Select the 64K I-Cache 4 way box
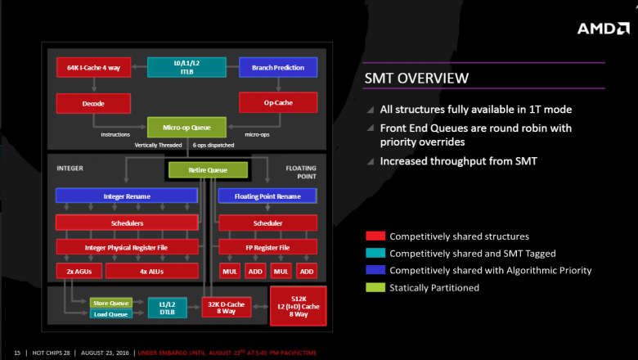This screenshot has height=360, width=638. point(88,67)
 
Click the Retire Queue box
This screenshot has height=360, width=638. point(208,170)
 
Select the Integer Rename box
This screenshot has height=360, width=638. point(126,196)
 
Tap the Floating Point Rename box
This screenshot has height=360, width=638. point(267,196)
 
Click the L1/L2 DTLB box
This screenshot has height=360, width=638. point(168,307)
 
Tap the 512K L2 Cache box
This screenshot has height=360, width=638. point(298,304)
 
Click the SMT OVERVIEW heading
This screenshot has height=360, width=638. point(416,79)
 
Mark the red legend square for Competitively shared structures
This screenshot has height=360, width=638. point(375,236)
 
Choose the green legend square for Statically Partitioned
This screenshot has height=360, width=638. point(375,287)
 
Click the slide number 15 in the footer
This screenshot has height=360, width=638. point(16,353)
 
